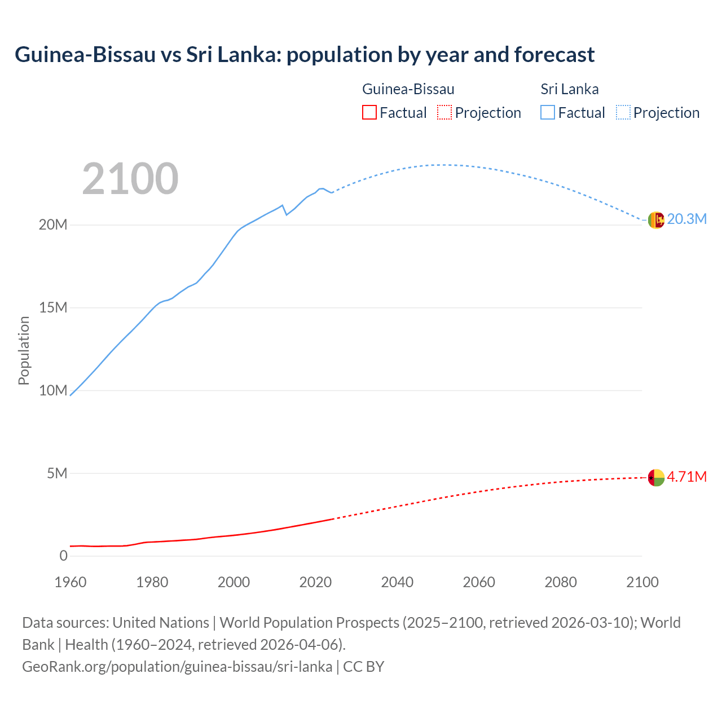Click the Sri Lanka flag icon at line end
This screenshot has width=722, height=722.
(656, 220)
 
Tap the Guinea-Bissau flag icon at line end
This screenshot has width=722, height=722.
(656, 477)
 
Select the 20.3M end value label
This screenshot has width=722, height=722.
(686, 219)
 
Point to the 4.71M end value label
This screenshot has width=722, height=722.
(686, 477)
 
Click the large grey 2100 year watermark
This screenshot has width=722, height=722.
(130, 179)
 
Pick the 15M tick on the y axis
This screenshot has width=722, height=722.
(53, 307)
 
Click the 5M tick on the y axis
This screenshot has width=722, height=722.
(57, 473)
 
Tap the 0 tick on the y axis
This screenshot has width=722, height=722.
(63, 556)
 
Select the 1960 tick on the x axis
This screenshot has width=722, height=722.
(71, 582)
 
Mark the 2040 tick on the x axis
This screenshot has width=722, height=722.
(397, 582)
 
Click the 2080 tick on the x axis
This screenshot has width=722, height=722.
(561, 582)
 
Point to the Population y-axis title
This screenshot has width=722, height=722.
(24, 350)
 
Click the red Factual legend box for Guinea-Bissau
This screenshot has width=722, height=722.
(369, 113)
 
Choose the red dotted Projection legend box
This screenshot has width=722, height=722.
(444, 113)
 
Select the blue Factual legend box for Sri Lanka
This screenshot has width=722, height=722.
(548, 113)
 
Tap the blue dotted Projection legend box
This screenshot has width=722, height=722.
(623, 113)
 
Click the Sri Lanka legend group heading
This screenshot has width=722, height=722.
(570, 89)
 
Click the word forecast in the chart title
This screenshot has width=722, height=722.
(554, 55)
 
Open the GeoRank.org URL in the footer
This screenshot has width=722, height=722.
(177, 666)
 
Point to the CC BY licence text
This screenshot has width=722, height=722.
(364, 666)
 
